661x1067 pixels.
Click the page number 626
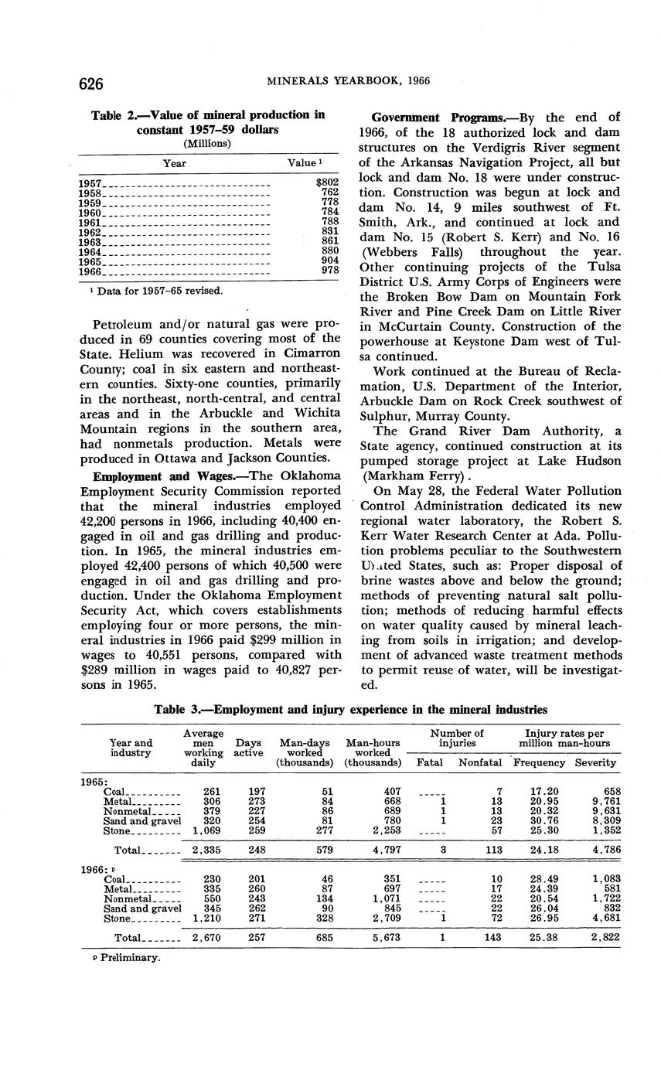coord(90,83)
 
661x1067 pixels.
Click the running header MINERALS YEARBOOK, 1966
coord(348,80)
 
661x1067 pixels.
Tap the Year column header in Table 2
coord(174,163)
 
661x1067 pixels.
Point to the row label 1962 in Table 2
coord(90,230)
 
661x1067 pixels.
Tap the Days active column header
coord(248,748)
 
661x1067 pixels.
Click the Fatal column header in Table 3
coord(430,762)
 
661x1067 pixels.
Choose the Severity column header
coord(595,762)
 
